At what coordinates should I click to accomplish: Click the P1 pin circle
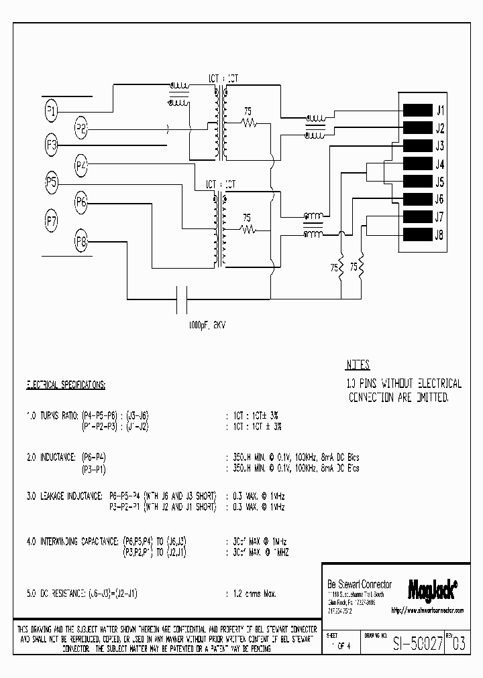[x=52, y=110]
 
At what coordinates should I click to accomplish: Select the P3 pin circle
[x=52, y=144]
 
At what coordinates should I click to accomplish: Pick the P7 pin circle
[x=52, y=219]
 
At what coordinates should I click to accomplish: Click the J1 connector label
[x=440, y=110]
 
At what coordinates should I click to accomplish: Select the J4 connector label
[x=440, y=164]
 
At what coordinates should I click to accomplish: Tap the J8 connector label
[x=440, y=234]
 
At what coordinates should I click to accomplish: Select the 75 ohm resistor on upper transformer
[x=249, y=123]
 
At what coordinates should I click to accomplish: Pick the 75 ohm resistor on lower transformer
[x=249, y=228]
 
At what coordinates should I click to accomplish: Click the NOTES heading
[x=358, y=366]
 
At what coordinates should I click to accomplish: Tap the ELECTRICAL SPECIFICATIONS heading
[x=66, y=385]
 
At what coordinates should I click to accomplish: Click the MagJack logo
[x=433, y=588]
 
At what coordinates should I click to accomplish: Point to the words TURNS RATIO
[x=58, y=416]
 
